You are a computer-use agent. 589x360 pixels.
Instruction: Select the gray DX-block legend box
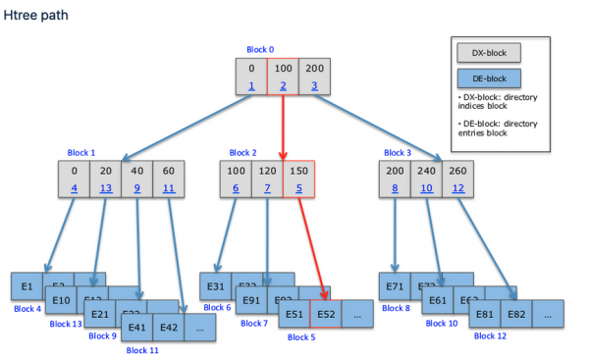pyautogui.click(x=487, y=52)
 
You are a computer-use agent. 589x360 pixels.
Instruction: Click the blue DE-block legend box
pyautogui.click(x=487, y=77)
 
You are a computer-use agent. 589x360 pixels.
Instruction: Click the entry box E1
pyautogui.click(x=27, y=286)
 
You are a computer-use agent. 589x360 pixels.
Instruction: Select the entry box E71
pyautogui.click(x=396, y=286)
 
